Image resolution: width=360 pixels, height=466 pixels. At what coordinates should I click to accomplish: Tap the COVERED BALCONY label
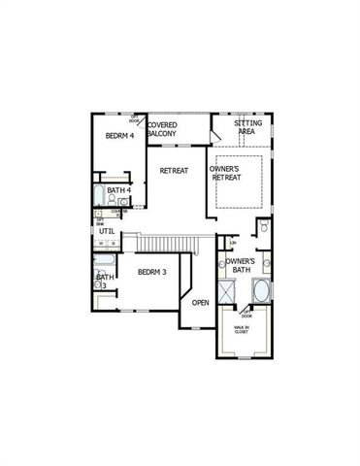point(161,129)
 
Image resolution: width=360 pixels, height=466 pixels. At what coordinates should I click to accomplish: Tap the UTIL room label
point(107,232)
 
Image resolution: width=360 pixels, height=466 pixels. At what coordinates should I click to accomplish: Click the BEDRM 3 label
point(152,272)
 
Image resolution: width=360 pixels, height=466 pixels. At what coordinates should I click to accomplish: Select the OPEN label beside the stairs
point(200,303)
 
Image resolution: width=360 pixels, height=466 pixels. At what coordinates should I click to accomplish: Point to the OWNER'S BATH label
point(241,267)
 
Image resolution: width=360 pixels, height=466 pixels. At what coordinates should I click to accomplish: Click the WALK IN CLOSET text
point(240,330)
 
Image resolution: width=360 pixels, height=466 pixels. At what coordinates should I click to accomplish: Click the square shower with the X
point(227,291)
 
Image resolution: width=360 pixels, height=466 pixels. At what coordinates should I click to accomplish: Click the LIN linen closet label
point(233,242)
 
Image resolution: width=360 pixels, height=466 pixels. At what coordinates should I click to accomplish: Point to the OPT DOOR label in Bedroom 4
point(134,118)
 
